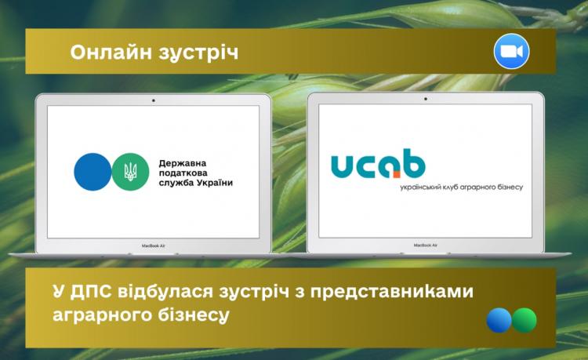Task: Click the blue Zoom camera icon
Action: click(x=511, y=52)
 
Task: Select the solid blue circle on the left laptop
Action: click(x=93, y=172)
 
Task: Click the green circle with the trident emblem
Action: click(x=130, y=172)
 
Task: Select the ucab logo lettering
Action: click(x=378, y=163)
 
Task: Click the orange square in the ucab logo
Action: click(x=397, y=174)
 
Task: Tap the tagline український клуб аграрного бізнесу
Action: click(x=461, y=187)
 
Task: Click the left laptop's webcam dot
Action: click(x=154, y=100)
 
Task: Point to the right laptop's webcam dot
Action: click(x=425, y=99)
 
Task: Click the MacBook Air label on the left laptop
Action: click(x=154, y=245)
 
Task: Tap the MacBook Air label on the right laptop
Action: click(x=425, y=245)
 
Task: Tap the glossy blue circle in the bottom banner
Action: click(x=499, y=320)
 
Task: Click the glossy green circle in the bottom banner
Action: click(x=524, y=320)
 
